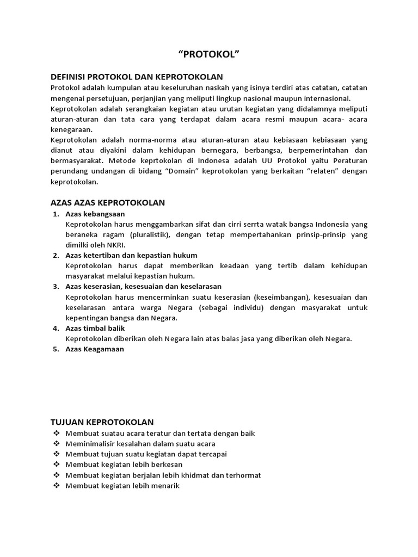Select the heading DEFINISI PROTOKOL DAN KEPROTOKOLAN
coord(137,77)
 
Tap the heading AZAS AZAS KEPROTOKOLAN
coord(107,202)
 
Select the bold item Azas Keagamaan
coord(95,349)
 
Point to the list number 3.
coord(56,286)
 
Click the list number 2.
coord(56,255)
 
